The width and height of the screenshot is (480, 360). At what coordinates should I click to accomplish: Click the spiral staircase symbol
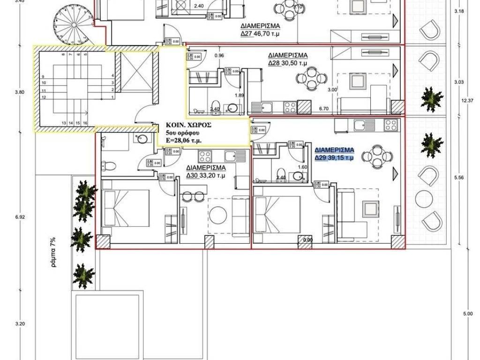(68, 23)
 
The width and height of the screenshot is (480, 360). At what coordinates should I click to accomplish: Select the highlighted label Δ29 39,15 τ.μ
(335, 158)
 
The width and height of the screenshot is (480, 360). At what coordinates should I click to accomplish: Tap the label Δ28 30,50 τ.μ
(287, 63)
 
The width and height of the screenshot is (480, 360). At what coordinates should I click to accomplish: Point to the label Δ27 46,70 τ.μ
(261, 34)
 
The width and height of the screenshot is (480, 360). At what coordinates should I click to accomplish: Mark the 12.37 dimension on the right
(464, 100)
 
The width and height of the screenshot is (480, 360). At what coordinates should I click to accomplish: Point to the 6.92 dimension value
(20, 217)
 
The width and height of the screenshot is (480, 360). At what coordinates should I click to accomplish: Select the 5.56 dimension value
(459, 178)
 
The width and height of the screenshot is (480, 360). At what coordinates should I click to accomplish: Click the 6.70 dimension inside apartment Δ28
(323, 109)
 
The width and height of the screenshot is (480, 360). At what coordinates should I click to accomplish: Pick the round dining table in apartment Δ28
(312, 78)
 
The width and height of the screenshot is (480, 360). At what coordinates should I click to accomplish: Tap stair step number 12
(43, 97)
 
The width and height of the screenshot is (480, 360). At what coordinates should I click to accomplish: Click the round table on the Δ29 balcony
(426, 196)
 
